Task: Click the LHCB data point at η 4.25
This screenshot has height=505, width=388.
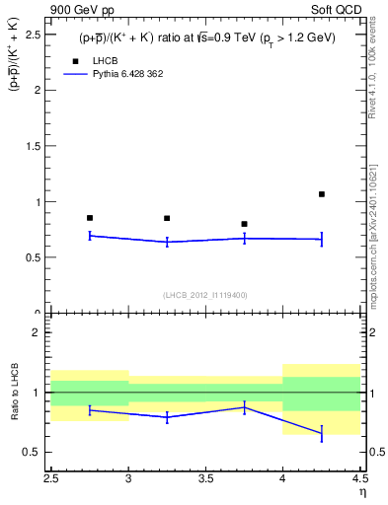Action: (322, 194)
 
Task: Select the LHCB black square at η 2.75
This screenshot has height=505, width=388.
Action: (90, 218)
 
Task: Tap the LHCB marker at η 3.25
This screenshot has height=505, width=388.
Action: (167, 218)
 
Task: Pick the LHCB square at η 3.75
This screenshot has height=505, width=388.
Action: (244, 224)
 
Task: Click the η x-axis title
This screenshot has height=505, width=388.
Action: (362, 495)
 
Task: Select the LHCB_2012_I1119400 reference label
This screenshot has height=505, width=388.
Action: (205, 295)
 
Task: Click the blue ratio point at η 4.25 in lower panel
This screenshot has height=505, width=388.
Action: (322, 433)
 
